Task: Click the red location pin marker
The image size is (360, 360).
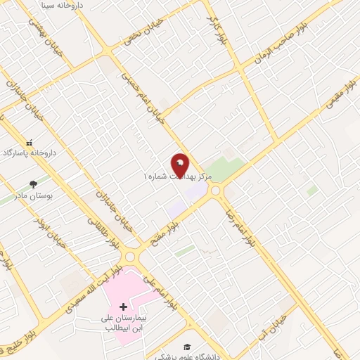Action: coord(180,165)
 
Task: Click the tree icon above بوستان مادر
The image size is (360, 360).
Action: coord(33,184)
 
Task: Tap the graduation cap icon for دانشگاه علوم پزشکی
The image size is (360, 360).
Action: coord(188,347)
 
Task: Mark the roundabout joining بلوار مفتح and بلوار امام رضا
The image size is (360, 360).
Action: coord(215,191)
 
